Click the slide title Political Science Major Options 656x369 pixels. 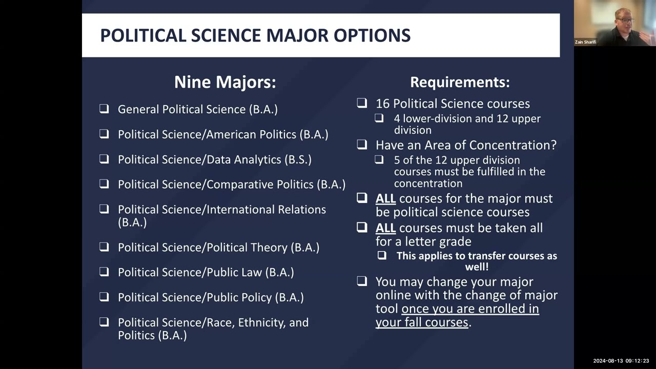255,35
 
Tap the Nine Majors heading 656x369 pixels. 225,82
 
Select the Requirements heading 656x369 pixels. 460,82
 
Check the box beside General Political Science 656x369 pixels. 104,109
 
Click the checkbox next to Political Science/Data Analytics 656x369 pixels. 104,159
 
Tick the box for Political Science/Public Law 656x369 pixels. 104,272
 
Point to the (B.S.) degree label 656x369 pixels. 298,159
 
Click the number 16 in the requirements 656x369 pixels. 382,104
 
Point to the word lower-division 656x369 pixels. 441,118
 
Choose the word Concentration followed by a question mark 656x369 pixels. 519,145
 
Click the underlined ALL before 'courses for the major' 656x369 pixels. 385,198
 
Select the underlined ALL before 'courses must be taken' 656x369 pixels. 385,228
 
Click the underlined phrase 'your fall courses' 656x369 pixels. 422,322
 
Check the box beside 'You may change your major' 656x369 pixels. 362,281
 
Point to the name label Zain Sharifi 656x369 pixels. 585,42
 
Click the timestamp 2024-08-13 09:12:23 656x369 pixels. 621,361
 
